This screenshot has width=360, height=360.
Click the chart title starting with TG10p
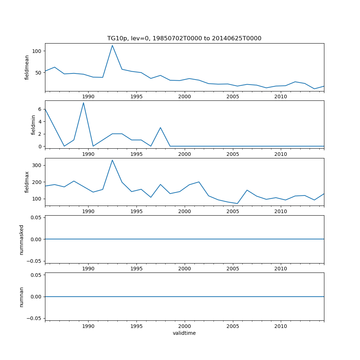coord(184,38)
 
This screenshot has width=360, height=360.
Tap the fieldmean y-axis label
coord(27,67)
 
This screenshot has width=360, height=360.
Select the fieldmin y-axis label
coord(33,125)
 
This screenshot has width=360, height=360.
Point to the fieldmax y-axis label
coord(27,182)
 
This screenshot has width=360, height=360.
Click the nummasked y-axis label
coord(21,239)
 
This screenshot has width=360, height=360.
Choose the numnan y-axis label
coord(21,297)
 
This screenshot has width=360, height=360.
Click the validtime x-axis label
coord(184,333)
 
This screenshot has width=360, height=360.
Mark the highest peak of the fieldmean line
coord(112,45)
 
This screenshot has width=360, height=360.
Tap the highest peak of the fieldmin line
coord(84,103)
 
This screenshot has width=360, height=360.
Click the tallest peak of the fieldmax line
coord(112,160)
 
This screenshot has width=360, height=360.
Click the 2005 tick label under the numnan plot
coord(233,327)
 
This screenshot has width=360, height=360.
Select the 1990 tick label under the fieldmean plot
coord(88,96)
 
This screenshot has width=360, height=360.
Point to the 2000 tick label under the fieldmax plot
coord(185,211)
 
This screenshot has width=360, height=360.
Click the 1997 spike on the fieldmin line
coord(161,127)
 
